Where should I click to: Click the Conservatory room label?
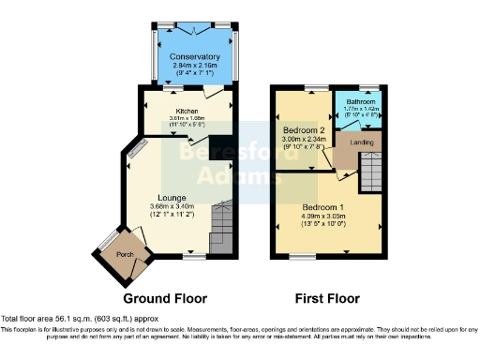click(x=195, y=57)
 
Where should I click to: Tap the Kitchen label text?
click(x=185, y=112)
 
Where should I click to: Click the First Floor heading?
click(x=327, y=299)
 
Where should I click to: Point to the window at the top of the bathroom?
click(x=363, y=87)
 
